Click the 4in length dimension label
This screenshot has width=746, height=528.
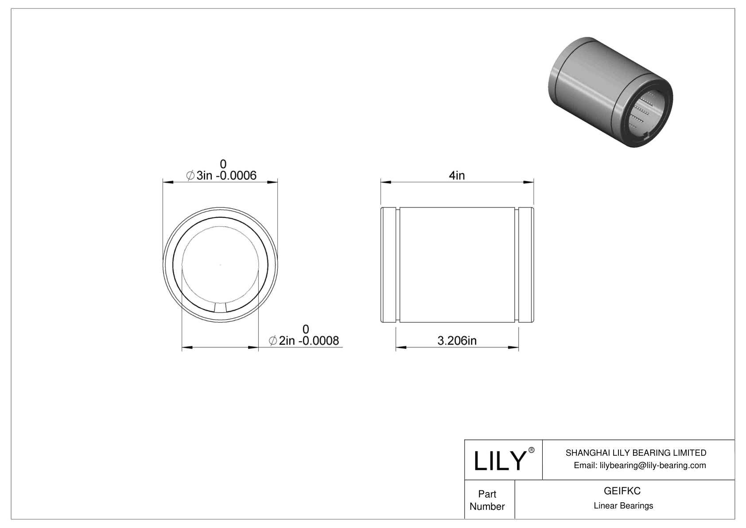(457, 176)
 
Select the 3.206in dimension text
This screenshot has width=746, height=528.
(457, 340)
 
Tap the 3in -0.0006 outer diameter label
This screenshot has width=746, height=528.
(221, 176)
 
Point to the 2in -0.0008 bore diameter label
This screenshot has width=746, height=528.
(304, 340)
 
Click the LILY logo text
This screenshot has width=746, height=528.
(499, 461)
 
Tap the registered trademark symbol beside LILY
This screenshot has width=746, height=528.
(532, 450)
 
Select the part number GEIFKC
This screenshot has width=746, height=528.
(622, 491)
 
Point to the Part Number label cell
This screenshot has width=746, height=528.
(487, 500)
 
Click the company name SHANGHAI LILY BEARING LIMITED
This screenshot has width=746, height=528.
(636, 453)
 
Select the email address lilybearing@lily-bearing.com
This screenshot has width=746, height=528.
(640, 465)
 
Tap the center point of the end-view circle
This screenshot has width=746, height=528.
(221, 265)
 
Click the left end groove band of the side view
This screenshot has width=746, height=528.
(389, 265)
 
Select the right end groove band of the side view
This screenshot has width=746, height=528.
(526, 265)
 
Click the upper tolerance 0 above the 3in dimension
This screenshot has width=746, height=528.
(223, 164)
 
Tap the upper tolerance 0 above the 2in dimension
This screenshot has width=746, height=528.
(306, 329)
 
